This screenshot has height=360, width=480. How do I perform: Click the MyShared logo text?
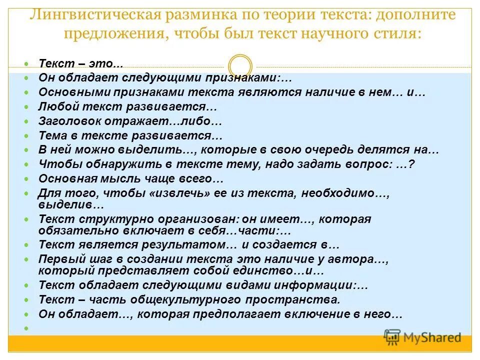pyautogui.click(x=432, y=338)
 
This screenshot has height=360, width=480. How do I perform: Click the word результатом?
pyautogui.click(x=182, y=244)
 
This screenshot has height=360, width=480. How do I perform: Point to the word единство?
pyautogui.click(x=259, y=270)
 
